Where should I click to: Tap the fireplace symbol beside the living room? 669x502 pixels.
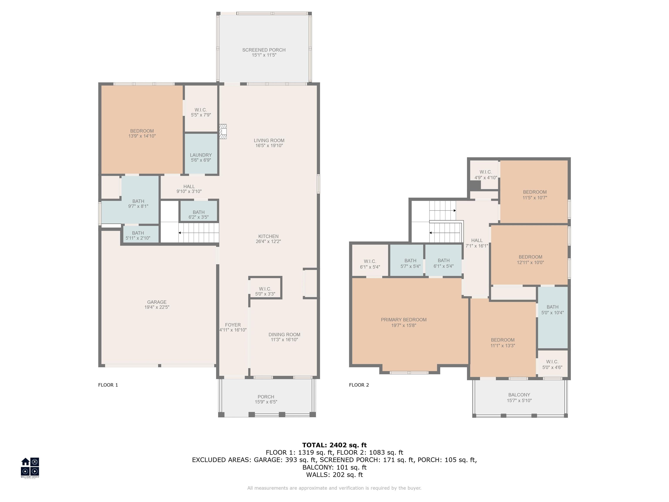point(223,132)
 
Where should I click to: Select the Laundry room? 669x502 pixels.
point(201,154)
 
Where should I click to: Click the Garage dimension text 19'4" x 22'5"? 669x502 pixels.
point(157,307)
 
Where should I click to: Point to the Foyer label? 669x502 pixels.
point(233,325)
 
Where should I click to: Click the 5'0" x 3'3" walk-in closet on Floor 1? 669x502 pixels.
point(265,288)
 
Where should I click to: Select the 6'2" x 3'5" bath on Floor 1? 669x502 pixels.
point(199,211)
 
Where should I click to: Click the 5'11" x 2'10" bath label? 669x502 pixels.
point(138,235)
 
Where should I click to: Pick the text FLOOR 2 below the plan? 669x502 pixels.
point(359,385)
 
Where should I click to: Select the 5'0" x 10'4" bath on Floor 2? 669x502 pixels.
point(552,318)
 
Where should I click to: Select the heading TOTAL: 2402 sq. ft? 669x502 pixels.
point(334,445)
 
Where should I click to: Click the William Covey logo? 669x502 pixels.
point(30,468)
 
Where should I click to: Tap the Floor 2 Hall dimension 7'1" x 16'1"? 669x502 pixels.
point(477,246)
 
